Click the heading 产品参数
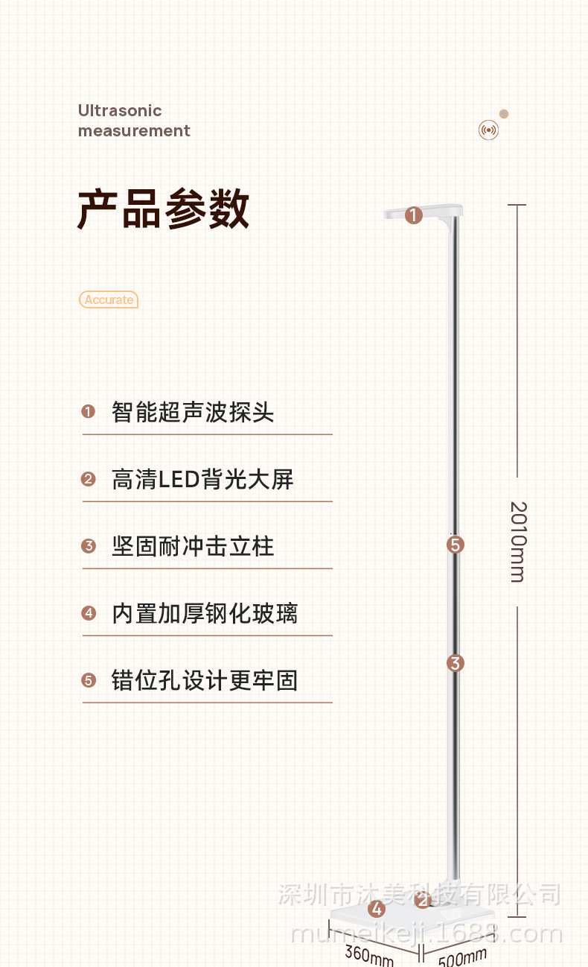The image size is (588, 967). tap(163, 209)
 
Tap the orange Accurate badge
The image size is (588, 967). tap(109, 299)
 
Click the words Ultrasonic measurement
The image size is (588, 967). tap(134, 121)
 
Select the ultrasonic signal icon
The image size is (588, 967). tap(488, 130)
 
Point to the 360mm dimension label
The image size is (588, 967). tap(368, 954)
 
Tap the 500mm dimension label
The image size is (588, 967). tap(462, 956)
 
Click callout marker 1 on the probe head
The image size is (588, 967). tap(414, 215)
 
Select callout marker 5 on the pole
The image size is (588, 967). tap(456, 545)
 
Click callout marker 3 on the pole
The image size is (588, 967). tap(456, 662)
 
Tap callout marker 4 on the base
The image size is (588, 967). tap(377, 909)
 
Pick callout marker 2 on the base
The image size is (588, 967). tap(423, 901)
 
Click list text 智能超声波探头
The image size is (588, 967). tap(193, 412)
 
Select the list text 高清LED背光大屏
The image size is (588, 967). tap(202, 479)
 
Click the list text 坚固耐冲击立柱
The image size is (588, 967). tap(193, 546)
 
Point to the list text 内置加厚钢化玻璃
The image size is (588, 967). tap(205, 613)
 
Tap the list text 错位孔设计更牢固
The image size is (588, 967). tap(205, 680)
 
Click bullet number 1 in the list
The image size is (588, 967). tap(89, 412)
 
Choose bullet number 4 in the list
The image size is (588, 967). tap(89, 613)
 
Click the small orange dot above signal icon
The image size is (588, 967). tap(504, 114)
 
